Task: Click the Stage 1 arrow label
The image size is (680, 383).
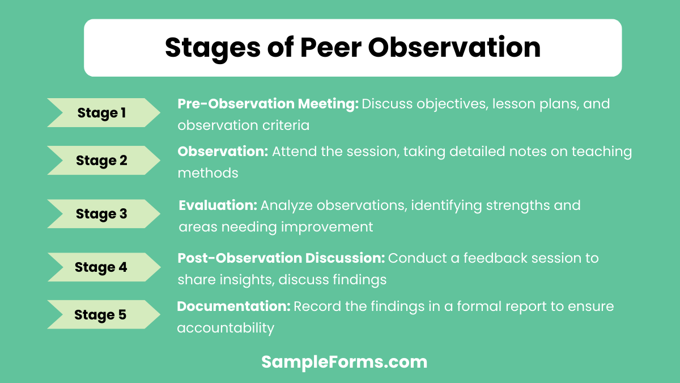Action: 102,113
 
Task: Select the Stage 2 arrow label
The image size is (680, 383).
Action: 102,161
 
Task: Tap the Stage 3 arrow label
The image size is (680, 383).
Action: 102,214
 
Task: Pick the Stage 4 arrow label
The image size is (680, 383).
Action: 102,267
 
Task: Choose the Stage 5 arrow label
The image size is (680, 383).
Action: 101,314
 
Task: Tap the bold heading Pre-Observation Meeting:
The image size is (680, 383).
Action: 268,104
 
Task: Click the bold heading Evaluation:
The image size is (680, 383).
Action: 218,205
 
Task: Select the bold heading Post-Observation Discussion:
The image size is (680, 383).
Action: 281,258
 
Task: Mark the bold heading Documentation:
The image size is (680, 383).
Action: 233,306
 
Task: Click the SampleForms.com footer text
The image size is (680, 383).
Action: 344,362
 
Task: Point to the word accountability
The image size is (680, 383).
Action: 226,328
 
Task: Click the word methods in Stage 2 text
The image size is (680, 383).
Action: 208,173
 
